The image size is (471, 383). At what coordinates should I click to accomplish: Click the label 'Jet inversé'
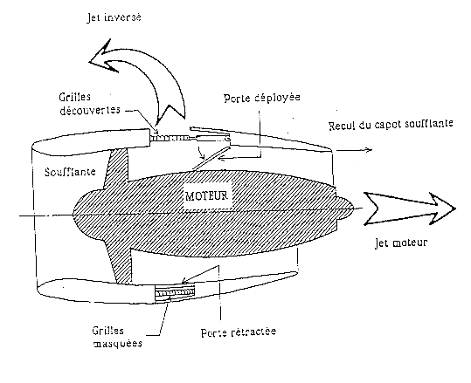pyautogui.click(x=114, y=17)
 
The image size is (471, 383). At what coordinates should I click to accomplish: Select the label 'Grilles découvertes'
pyautogui.click(x=89, y=104)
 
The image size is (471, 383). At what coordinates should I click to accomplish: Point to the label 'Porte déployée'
pyautogui.click(x=262, y=98)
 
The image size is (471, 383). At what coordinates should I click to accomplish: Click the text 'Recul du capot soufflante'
pyautogui.click(x=391, y=124)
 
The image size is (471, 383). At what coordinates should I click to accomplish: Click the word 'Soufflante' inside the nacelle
pyautogui.click(x=70, y=172)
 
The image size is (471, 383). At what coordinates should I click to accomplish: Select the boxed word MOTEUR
pyautogui.click(x=207, y=195)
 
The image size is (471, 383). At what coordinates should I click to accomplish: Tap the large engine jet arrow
pyautogui.click(x=410, y=209)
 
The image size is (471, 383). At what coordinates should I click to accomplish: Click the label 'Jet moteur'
pyautogui.click(x=401, y=243)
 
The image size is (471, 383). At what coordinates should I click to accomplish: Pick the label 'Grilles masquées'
pyautogui.click(x=117, y=337)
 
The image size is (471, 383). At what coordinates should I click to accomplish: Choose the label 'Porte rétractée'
pyautogui.click(x=239, y=332)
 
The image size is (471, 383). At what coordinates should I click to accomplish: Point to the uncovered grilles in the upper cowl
pyautogui.click(x=170, y=138)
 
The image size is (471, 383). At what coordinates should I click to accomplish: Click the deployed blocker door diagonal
pyautogui.click(x=211, y=159)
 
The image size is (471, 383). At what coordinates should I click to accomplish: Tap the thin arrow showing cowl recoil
pyautogui.click(x=354, y=150)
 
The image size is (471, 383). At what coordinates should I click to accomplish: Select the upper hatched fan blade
pyautogui.click(x=116, y=168)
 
